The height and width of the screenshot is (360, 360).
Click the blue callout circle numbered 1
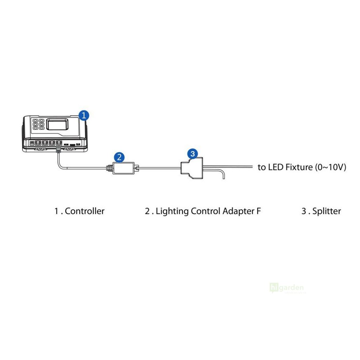[x=84, y=115]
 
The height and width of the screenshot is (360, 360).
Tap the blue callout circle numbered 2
[x=120, y=157]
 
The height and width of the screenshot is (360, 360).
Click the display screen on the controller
[x=58, y=124]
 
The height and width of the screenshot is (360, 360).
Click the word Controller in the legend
[x=85, y=211]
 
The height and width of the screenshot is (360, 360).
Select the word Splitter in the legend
[x=327, y=211]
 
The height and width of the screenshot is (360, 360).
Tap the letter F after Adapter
[x=259, y=211]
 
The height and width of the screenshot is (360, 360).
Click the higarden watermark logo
[x=287, y=288]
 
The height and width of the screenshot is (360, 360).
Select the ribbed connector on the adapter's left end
[x=109, y=168]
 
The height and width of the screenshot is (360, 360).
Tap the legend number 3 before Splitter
[x=304, y=211]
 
